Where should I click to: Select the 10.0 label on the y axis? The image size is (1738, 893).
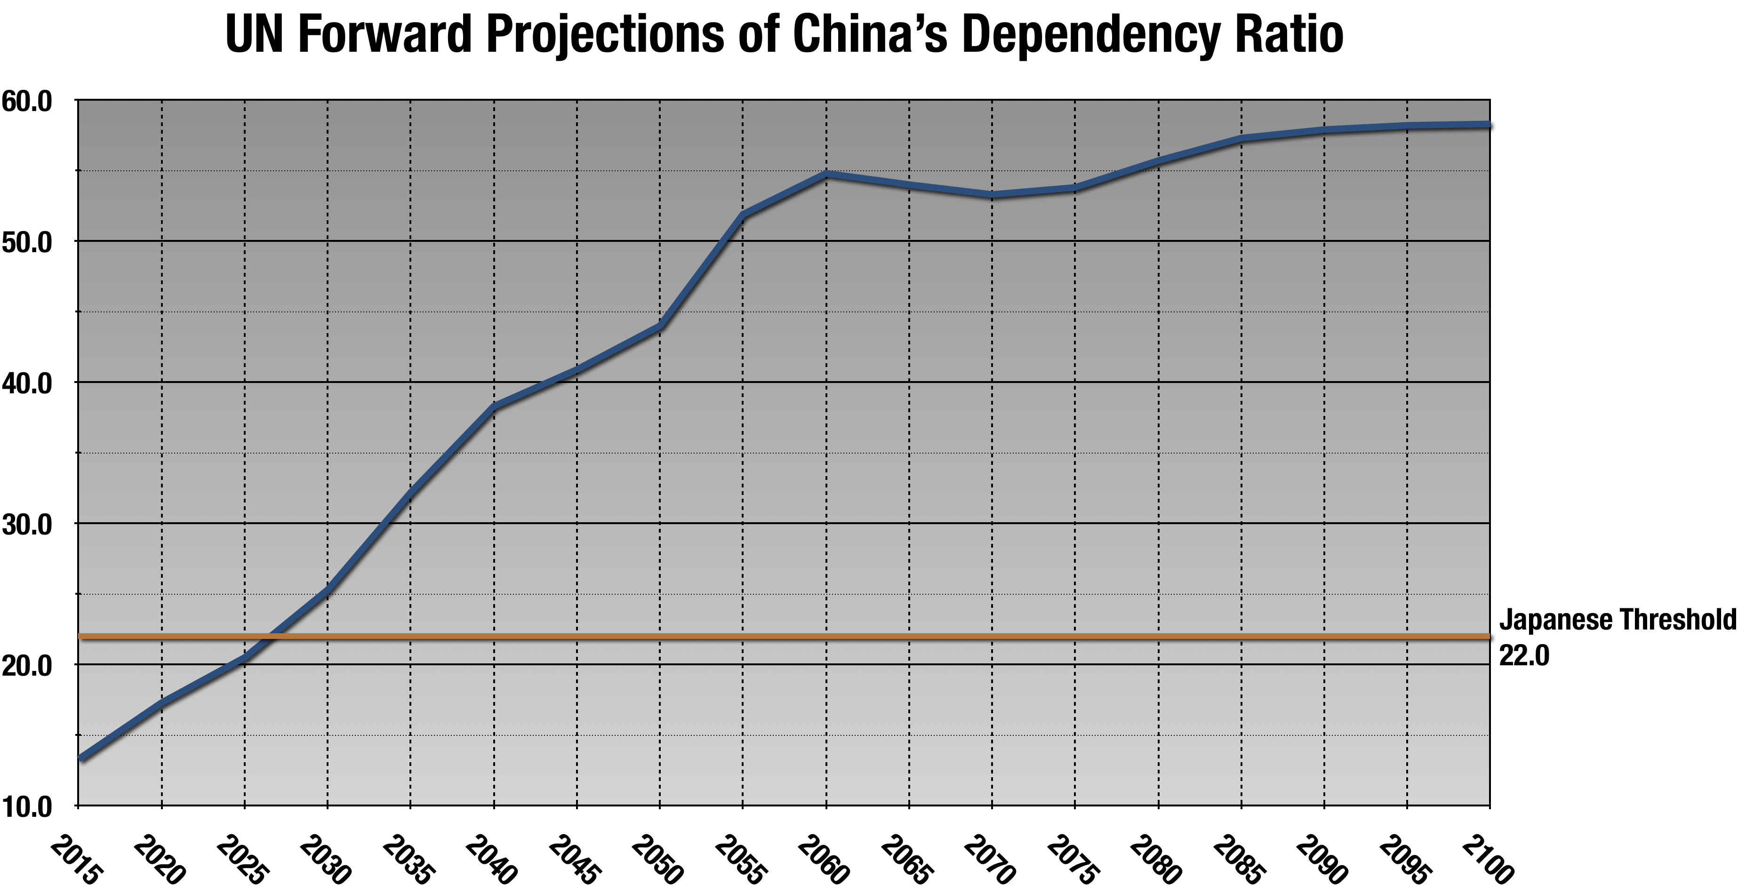coord(27,807)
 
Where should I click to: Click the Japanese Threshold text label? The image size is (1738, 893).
coord(1617,619)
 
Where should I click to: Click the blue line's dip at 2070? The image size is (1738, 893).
coord(992,195)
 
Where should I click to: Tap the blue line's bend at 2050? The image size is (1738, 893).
coord(660,327)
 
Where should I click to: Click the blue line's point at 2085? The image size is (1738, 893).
coord(1241,139)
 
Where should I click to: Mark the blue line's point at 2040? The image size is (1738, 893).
coord(494,407)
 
